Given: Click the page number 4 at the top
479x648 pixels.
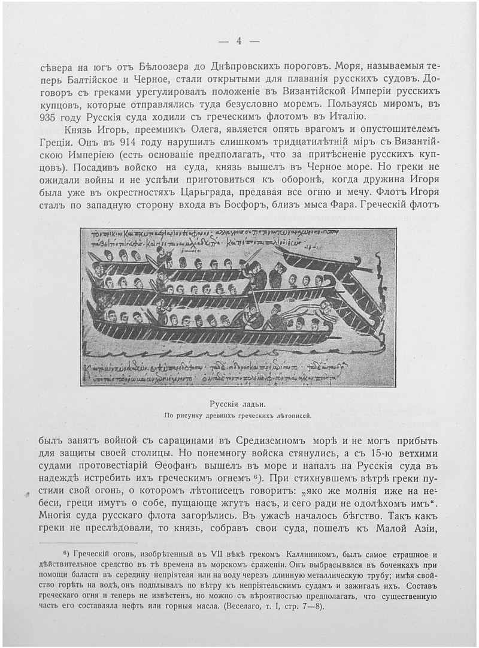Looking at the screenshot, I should coord(238,41).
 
